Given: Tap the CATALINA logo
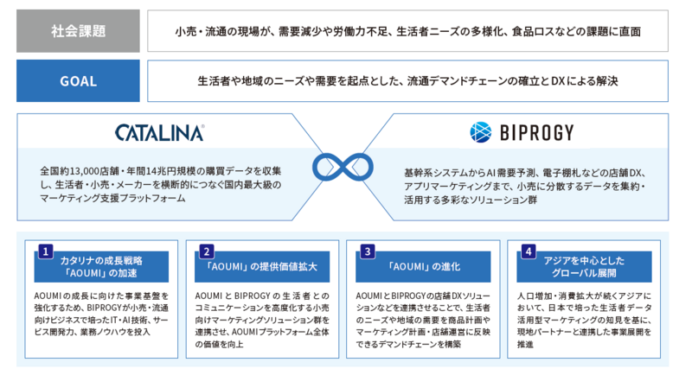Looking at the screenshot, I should (159, 132).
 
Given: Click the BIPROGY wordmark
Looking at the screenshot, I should (535, 132).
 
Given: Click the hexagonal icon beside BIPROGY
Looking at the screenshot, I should (481, 131).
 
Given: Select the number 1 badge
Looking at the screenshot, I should (46, 251).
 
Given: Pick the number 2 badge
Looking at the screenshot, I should (206, 251).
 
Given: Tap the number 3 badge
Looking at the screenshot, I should (367, 251).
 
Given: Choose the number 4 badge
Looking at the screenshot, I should (528, 251).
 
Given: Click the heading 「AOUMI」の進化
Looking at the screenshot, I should (422, 267).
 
